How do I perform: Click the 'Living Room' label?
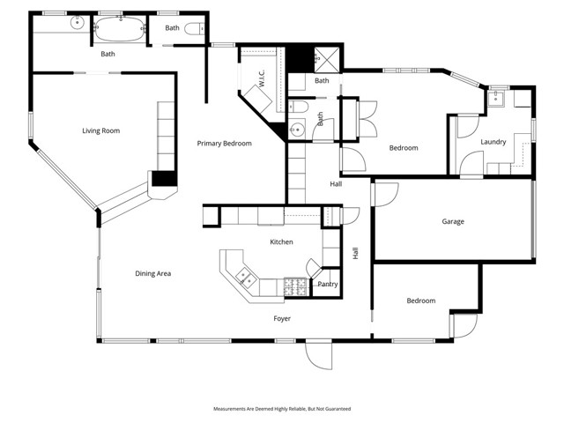100,131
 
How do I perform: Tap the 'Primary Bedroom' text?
224,144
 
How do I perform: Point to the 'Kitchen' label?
281,241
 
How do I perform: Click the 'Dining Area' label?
152,274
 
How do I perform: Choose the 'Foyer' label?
281,318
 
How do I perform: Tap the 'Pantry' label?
327,284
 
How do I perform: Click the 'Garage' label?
453,222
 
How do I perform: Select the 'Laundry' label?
493,142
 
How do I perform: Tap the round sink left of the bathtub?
78,24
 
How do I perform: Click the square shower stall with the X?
328,57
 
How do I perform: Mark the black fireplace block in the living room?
164,178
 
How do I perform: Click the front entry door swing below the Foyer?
317,355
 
